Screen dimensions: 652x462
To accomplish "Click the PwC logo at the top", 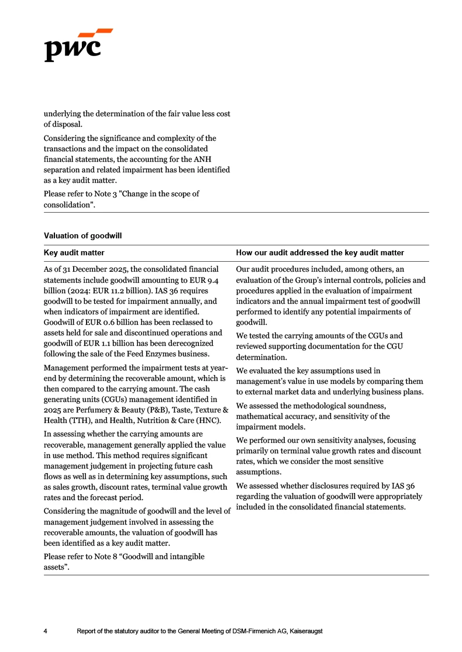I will [78, 45].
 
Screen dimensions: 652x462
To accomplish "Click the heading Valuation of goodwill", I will [82, 235].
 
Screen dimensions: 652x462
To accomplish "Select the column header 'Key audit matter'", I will [74, 253].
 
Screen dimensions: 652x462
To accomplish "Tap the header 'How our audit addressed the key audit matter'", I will [319, 253].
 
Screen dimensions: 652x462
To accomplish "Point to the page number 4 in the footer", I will [46, 632].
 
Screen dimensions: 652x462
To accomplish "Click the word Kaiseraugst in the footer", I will [305, 632].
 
